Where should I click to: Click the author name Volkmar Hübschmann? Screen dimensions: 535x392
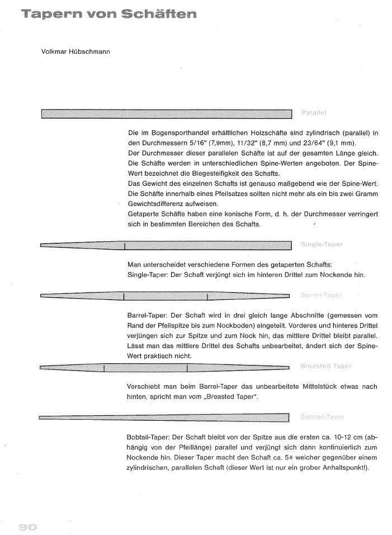(x=75, y=52)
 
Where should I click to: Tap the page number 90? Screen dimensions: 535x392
(x=27, y=527)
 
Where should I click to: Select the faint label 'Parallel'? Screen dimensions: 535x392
(x=314, y=114)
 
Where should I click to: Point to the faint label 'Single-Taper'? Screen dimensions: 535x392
(x=321, y=245)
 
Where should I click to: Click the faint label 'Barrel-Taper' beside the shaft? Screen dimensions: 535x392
(x=321, y=295)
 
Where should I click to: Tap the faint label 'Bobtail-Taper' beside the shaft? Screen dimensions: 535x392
(x=323, y=417)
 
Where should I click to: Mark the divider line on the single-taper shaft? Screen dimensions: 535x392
(x=124, y=245)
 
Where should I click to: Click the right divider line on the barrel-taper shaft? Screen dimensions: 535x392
(x=207, y=295)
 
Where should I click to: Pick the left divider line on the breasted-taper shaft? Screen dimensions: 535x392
(x=104, y=368)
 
